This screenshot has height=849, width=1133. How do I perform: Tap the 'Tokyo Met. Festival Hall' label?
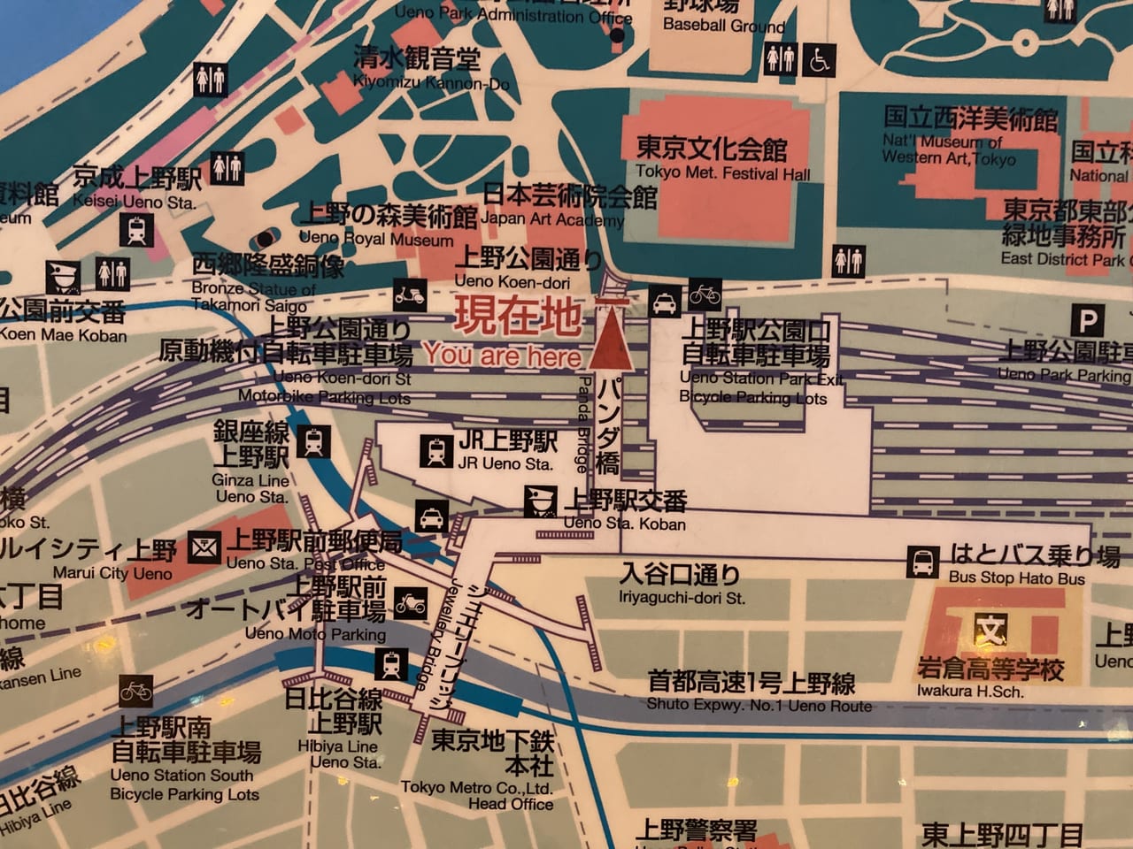click(x=722, y=173)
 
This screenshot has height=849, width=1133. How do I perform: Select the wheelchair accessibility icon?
click(x=820, y=60)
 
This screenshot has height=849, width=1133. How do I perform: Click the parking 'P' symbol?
click(x=1087, y=321)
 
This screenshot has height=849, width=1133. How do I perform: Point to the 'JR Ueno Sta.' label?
click(x=505, y=463)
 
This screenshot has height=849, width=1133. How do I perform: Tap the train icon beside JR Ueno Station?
click(x=435, y=451)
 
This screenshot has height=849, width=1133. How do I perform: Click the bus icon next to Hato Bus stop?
click(x=923, y=562)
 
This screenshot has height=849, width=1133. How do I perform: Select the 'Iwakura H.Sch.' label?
click(x=969, y=692)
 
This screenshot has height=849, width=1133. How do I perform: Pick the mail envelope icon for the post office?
click(x=204, y=548)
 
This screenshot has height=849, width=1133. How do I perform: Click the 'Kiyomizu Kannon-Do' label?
click(x=431, y=83)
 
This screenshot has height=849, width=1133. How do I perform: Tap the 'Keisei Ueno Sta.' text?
click(x=135, y=203)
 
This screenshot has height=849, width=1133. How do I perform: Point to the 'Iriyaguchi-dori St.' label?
click(x=682, y=598)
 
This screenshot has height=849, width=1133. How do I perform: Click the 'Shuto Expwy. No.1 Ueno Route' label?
click(x=759, y=706)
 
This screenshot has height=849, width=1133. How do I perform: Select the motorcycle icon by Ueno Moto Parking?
click(x=410, y=605)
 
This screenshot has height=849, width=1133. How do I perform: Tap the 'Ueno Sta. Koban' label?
click(x=624, y=524)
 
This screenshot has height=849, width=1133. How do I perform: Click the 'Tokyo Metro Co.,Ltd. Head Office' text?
click(x=478, y=795)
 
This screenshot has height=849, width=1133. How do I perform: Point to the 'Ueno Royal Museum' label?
click(x=376, y=239)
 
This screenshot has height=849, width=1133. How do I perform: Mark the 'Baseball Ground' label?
click(x=723, y=26)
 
